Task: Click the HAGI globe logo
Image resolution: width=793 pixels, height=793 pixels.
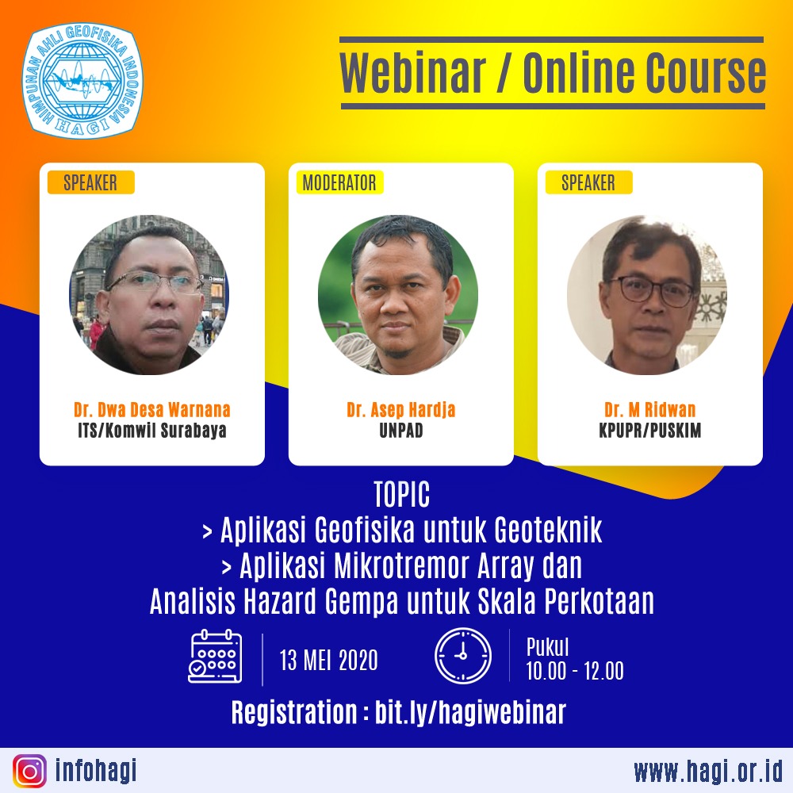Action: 82,80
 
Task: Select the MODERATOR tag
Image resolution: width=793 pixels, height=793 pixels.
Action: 339,182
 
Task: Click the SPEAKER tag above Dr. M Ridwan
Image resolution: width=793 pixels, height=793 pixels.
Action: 588,182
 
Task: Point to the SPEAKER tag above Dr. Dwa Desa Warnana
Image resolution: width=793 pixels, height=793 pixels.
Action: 90,182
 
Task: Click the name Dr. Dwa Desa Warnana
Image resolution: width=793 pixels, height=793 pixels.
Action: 152,409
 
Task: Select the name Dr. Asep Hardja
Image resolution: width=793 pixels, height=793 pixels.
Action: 401,409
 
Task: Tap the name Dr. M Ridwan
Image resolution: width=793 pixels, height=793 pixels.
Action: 650,409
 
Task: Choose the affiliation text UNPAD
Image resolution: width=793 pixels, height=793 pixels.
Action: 401,431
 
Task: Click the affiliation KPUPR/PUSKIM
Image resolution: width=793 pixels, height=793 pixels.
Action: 650,431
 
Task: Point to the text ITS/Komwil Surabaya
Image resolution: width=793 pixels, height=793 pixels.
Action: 152,431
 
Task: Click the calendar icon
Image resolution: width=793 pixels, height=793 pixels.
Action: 215,657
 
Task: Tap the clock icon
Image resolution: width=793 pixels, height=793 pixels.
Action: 463,656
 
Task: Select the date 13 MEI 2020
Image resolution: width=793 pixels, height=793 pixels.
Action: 329,660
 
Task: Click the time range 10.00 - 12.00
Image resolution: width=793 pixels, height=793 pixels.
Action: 575,671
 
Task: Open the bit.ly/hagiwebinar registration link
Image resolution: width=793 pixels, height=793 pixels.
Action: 470,712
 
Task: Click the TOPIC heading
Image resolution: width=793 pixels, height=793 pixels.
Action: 402,494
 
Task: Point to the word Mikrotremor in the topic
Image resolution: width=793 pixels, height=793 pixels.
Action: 400,565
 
